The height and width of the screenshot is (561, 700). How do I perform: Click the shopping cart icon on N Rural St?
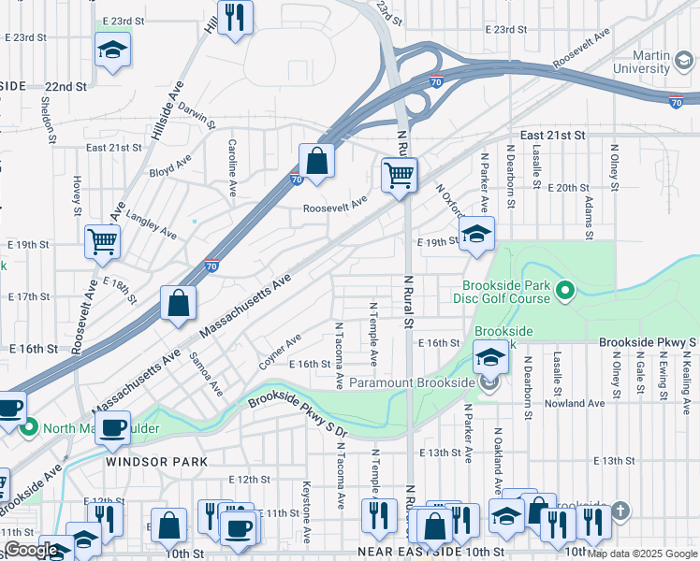400,175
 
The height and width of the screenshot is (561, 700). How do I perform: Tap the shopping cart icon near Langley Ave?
103,241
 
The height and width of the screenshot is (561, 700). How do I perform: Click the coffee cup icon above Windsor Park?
112,428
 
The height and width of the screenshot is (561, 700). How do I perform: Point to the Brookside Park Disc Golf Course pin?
564,293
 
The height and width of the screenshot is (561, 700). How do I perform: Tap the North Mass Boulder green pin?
29,428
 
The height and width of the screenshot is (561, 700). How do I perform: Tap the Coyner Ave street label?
280,352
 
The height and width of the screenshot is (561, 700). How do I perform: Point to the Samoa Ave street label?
206,373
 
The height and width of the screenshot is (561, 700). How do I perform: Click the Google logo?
31,550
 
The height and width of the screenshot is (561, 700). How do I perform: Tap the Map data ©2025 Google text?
641,554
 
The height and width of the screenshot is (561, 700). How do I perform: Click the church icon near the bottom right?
621,511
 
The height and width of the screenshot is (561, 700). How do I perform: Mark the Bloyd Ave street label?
170,173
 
